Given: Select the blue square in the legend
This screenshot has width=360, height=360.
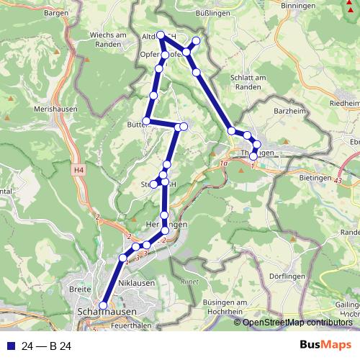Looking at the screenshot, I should [x=10, y=346].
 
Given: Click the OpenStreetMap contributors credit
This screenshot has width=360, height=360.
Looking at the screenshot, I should [x=297, y=323].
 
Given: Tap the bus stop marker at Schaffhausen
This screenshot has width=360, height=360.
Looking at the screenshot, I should [x=103, y=305].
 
